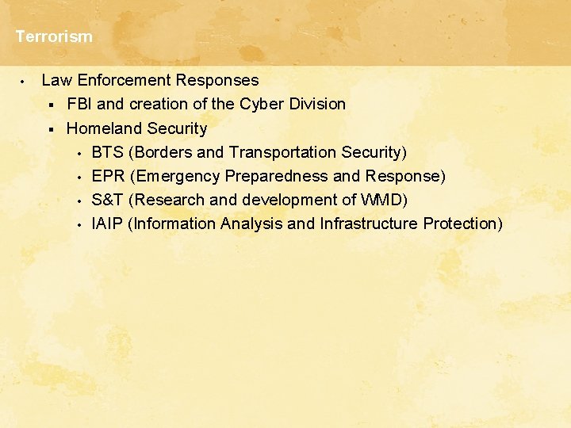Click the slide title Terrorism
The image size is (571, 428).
(54, 36)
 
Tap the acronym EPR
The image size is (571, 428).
(109, 176)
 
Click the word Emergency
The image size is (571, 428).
(175, 176)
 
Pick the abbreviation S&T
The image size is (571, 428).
(108, 200)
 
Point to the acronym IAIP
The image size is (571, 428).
(107, 224)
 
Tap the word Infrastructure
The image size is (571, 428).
(368, 224)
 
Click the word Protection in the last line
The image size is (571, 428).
(462, 224)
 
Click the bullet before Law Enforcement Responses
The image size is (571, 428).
(24, 81)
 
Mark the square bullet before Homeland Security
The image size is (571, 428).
(49, 128)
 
